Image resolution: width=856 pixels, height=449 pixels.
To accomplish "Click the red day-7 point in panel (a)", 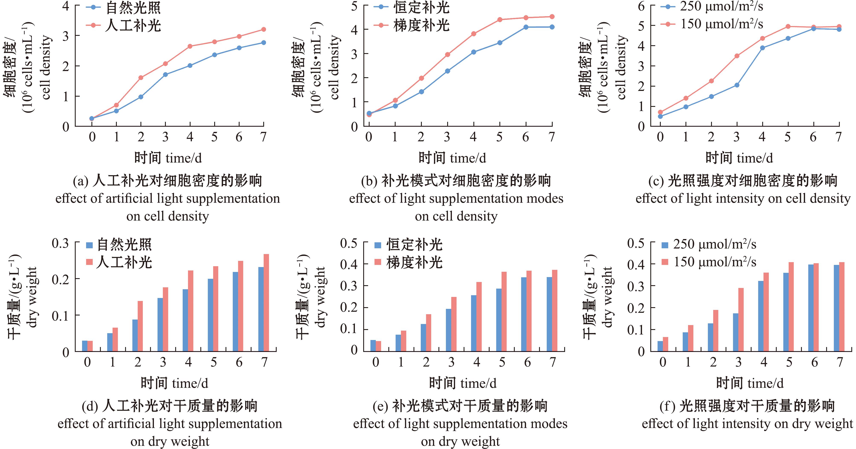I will click(x=263, y=30).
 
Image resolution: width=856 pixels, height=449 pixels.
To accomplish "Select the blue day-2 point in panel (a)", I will click(x=141, y=97).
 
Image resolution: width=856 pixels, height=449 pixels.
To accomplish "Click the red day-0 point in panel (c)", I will click(x=660, y=112).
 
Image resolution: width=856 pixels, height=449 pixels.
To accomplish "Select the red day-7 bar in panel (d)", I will click(x=266, y=303).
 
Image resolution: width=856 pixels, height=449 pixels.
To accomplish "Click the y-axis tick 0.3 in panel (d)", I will click(x=60, y=243).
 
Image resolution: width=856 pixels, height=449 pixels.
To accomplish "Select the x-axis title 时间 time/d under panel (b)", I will click(x=452, y=158).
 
